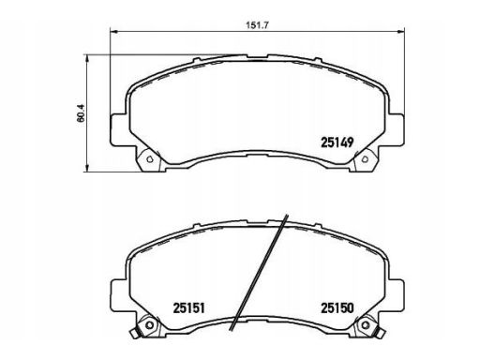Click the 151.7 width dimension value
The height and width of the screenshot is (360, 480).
(x=257, y=25)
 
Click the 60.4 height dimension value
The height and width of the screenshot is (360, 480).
(x=81, y=112)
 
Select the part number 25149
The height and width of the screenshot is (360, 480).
(x=337, y=142)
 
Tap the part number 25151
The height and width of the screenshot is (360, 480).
(x=188, y=308)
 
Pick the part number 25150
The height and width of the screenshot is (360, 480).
(x=337, y=308)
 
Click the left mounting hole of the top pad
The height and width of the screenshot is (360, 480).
(x=149, y=159)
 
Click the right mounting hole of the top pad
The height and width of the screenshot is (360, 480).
(x=365, y=159)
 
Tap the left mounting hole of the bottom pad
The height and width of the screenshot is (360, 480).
(x=150, y=325)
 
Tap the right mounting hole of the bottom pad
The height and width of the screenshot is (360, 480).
(x=365, y=325)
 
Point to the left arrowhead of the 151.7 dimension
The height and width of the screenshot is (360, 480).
(x=113, y=32)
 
